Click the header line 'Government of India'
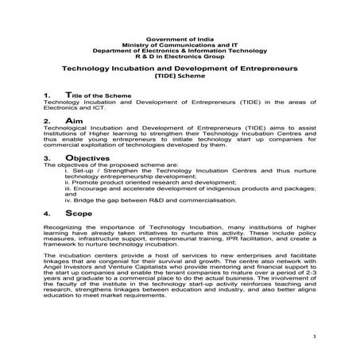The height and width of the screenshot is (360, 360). (x=180, y=37)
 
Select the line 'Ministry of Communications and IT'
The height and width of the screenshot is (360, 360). (x=180, y=44)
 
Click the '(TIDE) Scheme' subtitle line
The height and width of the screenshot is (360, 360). (x=180, y=77)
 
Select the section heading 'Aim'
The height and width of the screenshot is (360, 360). (x=74, y=120)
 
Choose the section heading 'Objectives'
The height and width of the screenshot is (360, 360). (x=87, y=158)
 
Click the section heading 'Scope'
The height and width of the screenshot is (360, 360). (x=77, y=214)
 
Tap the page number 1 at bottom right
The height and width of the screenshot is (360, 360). (x=315, y=337)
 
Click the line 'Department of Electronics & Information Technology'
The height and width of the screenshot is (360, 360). (x=180, y=50)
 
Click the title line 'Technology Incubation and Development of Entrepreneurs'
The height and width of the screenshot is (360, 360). (x=180, y=70)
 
